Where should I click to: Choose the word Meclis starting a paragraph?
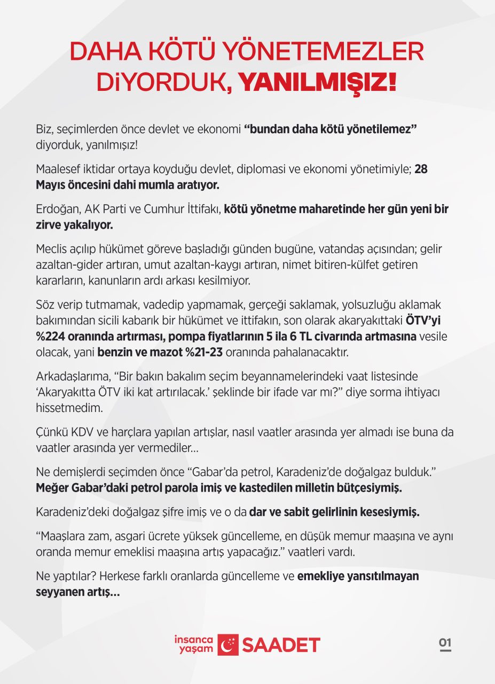[51, 250]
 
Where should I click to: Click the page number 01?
[445, 643]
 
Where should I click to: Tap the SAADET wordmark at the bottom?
[281, 645]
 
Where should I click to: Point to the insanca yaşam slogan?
[194, 644]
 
